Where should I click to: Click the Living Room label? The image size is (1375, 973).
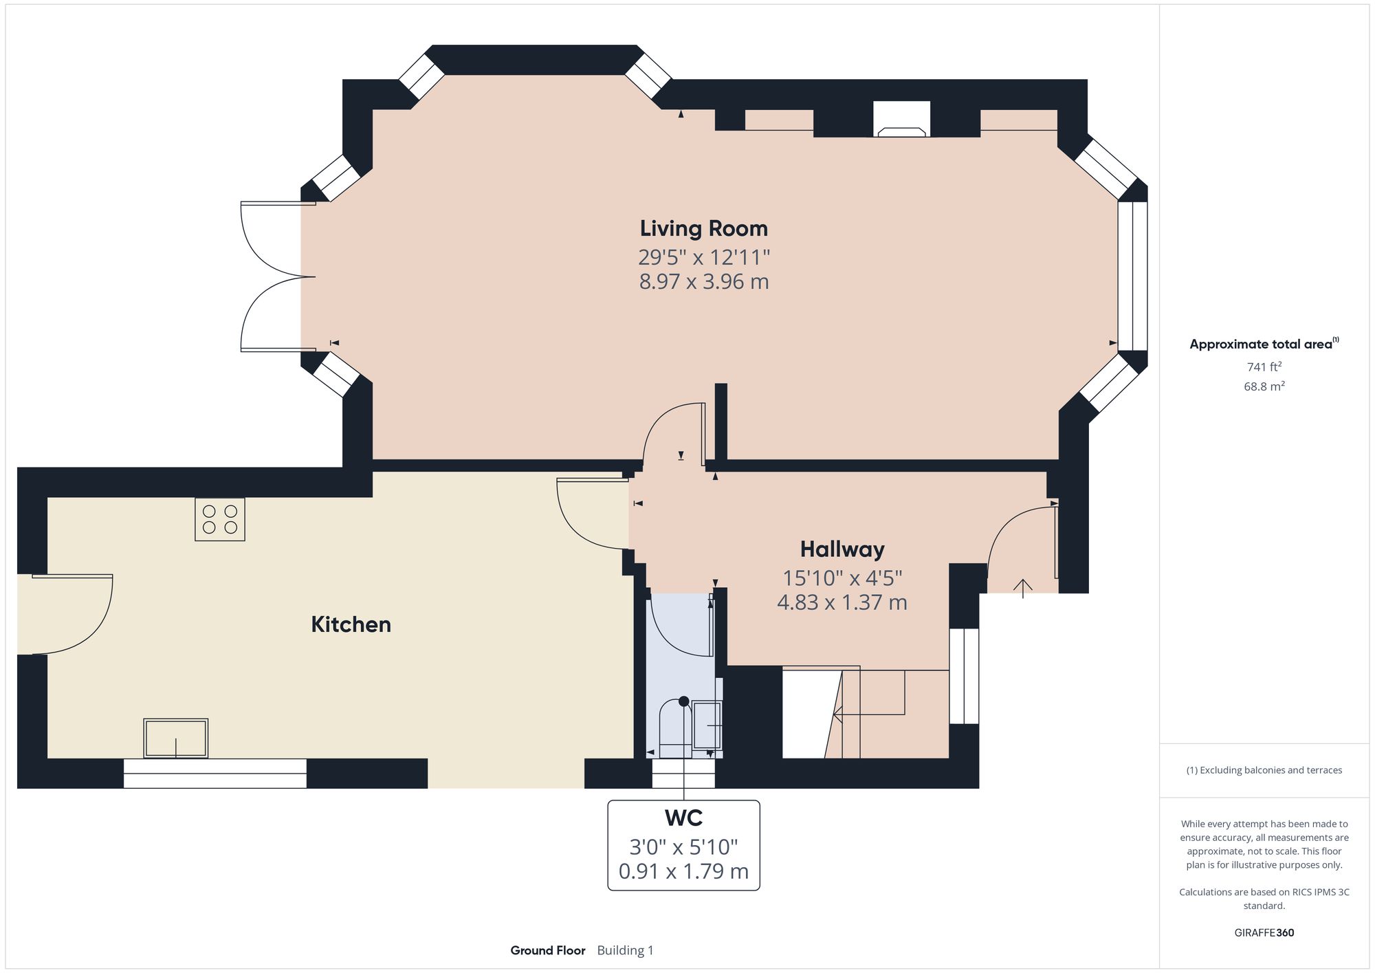click(x=703, y=228)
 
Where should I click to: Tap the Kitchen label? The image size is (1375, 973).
click(x=351, y=624)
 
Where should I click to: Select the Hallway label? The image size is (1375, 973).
click(x=841, y=549)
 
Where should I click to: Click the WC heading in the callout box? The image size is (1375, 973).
click(x=683, y=818)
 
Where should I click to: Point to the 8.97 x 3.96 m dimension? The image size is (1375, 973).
click(x=703, y=282)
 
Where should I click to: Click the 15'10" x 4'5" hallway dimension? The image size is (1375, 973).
click(x=841, y=578)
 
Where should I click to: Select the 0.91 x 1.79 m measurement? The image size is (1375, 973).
click(x=683, y=871)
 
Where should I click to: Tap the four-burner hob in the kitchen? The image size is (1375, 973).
click(x=220, y=519)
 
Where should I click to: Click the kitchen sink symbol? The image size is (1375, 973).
click(x=175, y=739)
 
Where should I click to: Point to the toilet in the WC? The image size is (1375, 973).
click(x=675, y=729)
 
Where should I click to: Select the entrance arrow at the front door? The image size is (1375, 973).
click(x=1022, y=588)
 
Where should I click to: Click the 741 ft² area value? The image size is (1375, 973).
click(x=1264, y=367)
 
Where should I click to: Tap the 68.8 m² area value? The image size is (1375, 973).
click(x=1264, y=386)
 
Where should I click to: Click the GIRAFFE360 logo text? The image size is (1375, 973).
click(x=1264, y=933)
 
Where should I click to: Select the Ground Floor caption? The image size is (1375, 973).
click(x=547, y=950)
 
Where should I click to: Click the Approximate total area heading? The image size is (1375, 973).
click(x=1261, y=345)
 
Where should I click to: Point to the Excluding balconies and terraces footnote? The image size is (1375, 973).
click(x=1264, y=770)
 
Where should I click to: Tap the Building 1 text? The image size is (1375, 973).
click(x=625, y=950)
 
